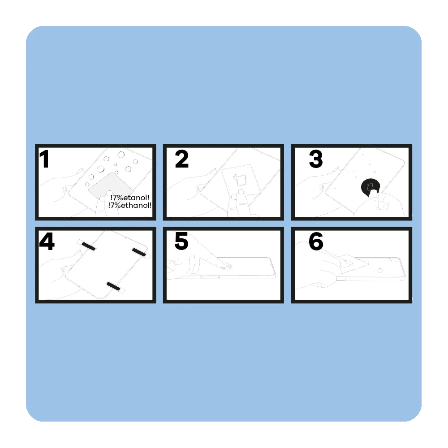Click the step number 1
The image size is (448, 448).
coord(44,159)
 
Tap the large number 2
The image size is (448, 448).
coord(182,159)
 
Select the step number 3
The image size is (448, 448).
coord(316,159)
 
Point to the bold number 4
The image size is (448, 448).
coord(47,241)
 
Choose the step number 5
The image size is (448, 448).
coord(181,241)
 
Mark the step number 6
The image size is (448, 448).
coord(316,241)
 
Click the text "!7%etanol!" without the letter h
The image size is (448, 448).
coord(130,198)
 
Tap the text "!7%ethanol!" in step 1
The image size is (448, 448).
coord(130,205)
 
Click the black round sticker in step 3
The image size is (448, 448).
coord(370,187)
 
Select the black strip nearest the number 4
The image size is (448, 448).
coord(89,246)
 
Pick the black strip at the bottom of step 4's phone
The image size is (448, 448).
coord(113,286)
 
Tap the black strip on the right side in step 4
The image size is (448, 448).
coord(139,252)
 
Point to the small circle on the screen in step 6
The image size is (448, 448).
coord(380,270)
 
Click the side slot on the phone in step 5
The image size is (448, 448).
coord(210,277)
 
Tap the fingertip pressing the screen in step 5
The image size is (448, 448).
coord(226,266)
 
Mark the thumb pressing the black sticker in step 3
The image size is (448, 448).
coord(372,194)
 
